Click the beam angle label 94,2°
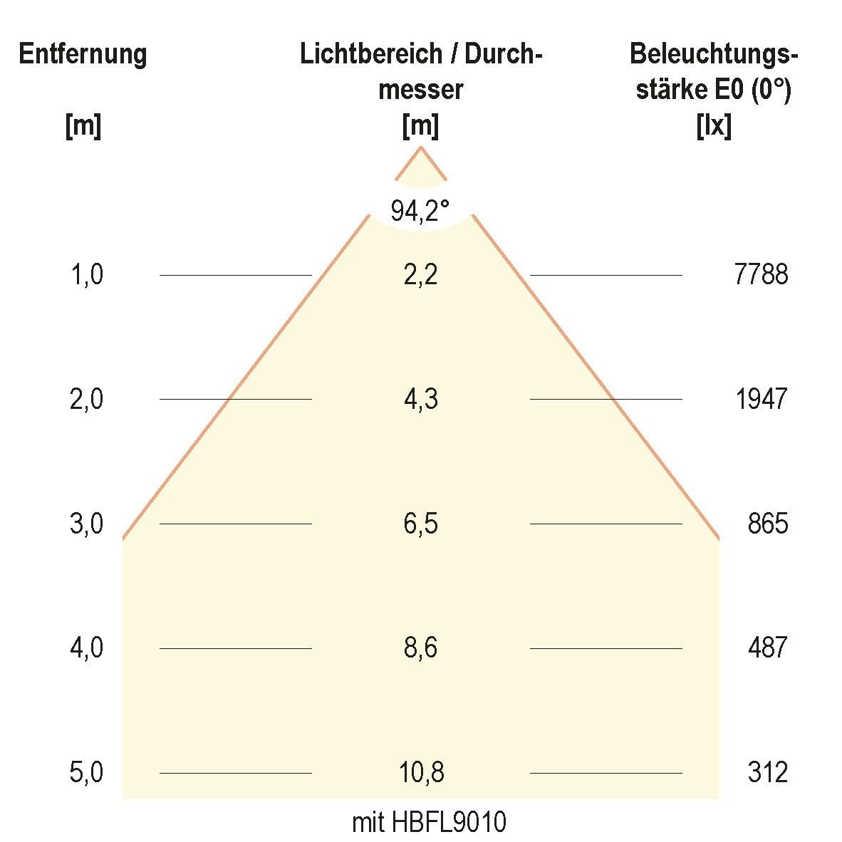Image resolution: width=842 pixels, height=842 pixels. pyautogui.click(x=420, y=211)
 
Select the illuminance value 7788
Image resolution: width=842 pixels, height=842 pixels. pyautogui.click(x=761, y=275)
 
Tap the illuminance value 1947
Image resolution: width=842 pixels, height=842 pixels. pyautogui.click(x=761, y=400)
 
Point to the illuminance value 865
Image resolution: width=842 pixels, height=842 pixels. pyautogui.click(x=768, y=524)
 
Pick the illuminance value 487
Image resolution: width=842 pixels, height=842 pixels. pyautogui.click(x=768, y=648)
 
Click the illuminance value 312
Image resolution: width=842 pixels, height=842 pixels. pyautogui.click(x=768, y=773)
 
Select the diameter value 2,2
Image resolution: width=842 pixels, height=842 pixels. pyautogui.click(x=420, y=275)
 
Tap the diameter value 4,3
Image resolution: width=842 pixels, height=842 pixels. pyautogui.click(x=420, y=400)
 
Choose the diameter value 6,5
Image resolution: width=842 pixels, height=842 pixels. pyautogui.click(x=420, y=524)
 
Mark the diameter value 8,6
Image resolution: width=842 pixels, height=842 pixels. pyautogui.click(x=420, y=648)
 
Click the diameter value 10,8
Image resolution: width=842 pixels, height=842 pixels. pyautogui.click(x=420, y=773)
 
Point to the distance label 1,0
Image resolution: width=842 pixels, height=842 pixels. pyautogui.click(x=86, y=275)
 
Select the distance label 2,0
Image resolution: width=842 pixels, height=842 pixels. pyautogui.click(x=86, y=400)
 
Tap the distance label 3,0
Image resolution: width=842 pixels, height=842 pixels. pyautogui.click(x=86, y=524)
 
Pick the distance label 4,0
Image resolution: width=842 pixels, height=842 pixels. pyautogui.click(x=86, y=648)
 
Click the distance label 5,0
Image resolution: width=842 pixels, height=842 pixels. pyautogui.click(x=86, y=773)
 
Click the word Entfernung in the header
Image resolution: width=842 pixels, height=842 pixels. pyautogui.click(x=83, y=54)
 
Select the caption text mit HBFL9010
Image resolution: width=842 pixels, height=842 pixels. pyautogui.click(x=429, y=823)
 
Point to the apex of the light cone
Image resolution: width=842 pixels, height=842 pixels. pyautogui.click(x=421, y=147)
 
